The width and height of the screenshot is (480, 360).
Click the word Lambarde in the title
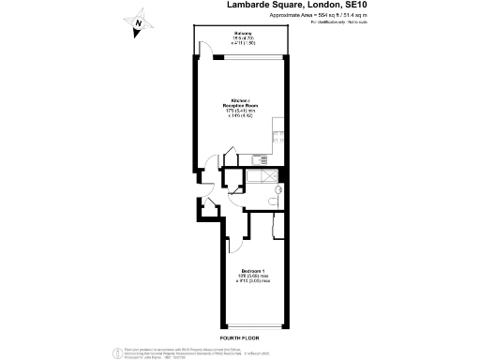coord(257,5)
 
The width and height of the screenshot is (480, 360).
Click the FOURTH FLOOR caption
coord(239,335)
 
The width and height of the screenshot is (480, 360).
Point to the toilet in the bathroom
coord(273,196)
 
